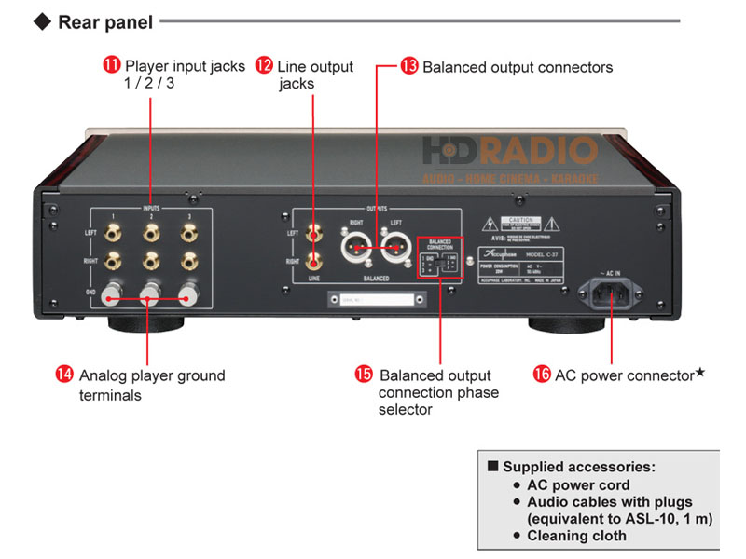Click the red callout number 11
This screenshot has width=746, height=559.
(112, 66)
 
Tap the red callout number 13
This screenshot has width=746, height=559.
(410, 67)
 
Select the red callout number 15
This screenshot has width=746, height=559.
(365, 375)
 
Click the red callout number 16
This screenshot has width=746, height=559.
(542, 375)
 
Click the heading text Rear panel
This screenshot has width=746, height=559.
(104, 21)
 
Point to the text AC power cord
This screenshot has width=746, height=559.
(578, 484)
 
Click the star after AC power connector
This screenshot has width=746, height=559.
(700, 373)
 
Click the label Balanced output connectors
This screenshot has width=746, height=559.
(518, 67)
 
